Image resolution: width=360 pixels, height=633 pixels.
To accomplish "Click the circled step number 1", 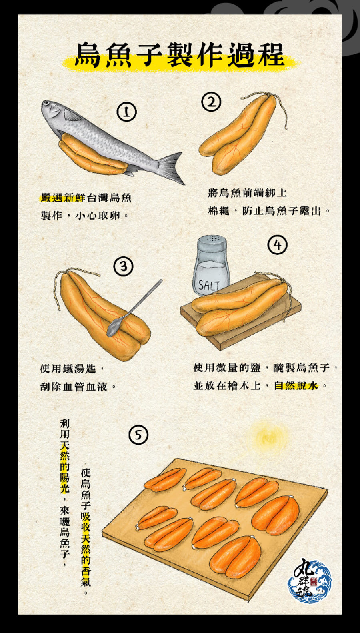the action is pos(126,112).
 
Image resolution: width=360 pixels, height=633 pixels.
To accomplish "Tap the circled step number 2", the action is pos(211,102).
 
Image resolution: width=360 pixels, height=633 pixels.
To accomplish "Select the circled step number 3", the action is pos(124,266).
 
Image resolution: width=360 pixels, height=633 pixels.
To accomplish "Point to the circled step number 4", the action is pos(278,244).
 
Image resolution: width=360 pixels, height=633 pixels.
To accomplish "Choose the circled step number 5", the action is pos(138,435).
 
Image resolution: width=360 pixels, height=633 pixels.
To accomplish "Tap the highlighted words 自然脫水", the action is pos(296,386).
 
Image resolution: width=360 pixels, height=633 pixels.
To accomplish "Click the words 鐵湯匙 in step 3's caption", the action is pos(80,369).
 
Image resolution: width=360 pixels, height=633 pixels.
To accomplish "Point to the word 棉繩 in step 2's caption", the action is pos(218,210).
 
